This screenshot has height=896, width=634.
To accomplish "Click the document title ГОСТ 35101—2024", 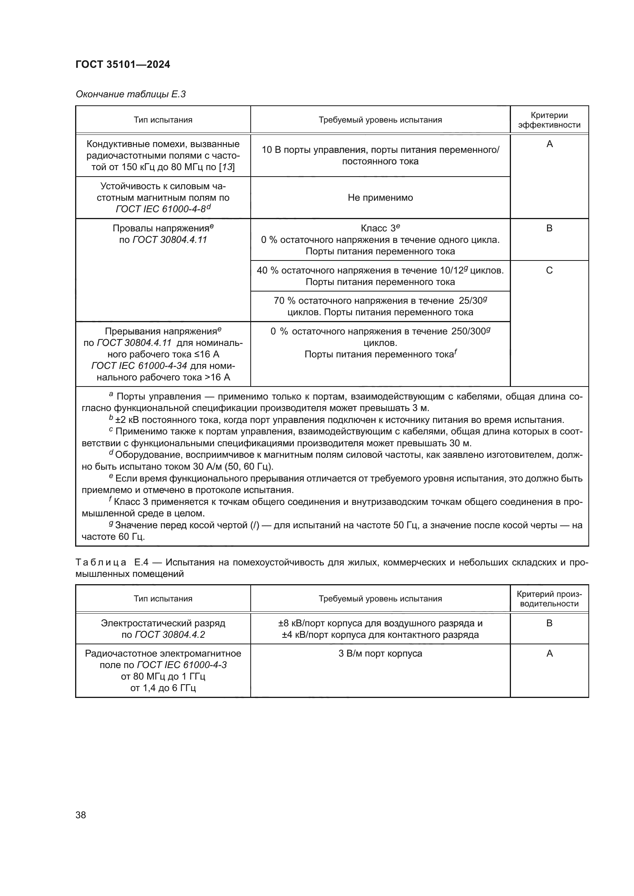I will [123, 64].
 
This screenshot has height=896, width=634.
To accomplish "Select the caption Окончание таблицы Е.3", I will [131, 94].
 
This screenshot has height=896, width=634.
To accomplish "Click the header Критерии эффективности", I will [549, 120].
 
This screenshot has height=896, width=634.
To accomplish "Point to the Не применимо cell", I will [380, 197].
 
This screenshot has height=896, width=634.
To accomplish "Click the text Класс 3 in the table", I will [378, 228].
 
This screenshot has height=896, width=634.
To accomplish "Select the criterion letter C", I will [549, 270].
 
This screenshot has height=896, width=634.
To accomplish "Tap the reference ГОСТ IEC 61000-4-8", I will [161, 209].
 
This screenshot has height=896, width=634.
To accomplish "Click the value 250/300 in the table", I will [468, 332].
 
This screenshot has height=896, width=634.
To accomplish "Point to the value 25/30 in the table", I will [470, 301].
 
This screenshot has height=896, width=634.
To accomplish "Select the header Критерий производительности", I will [549, 599].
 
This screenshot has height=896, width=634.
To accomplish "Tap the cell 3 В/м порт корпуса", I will [380, 653].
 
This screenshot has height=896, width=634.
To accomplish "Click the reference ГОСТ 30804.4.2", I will [170, 634].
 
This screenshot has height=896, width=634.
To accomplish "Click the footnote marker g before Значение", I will [111, 524].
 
